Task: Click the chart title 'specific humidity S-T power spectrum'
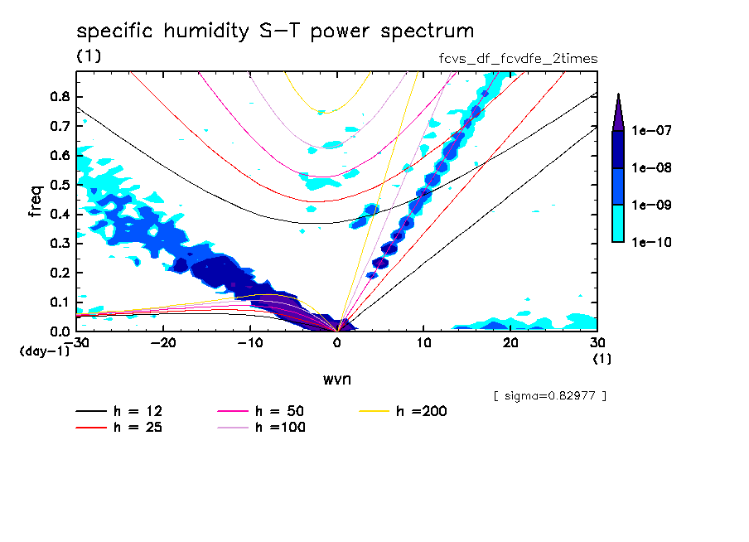coord(275,31)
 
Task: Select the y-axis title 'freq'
coord(36,201)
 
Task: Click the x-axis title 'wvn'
coord(336,378)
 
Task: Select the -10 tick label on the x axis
coord(249,343)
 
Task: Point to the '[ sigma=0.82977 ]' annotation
coord(549,395)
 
